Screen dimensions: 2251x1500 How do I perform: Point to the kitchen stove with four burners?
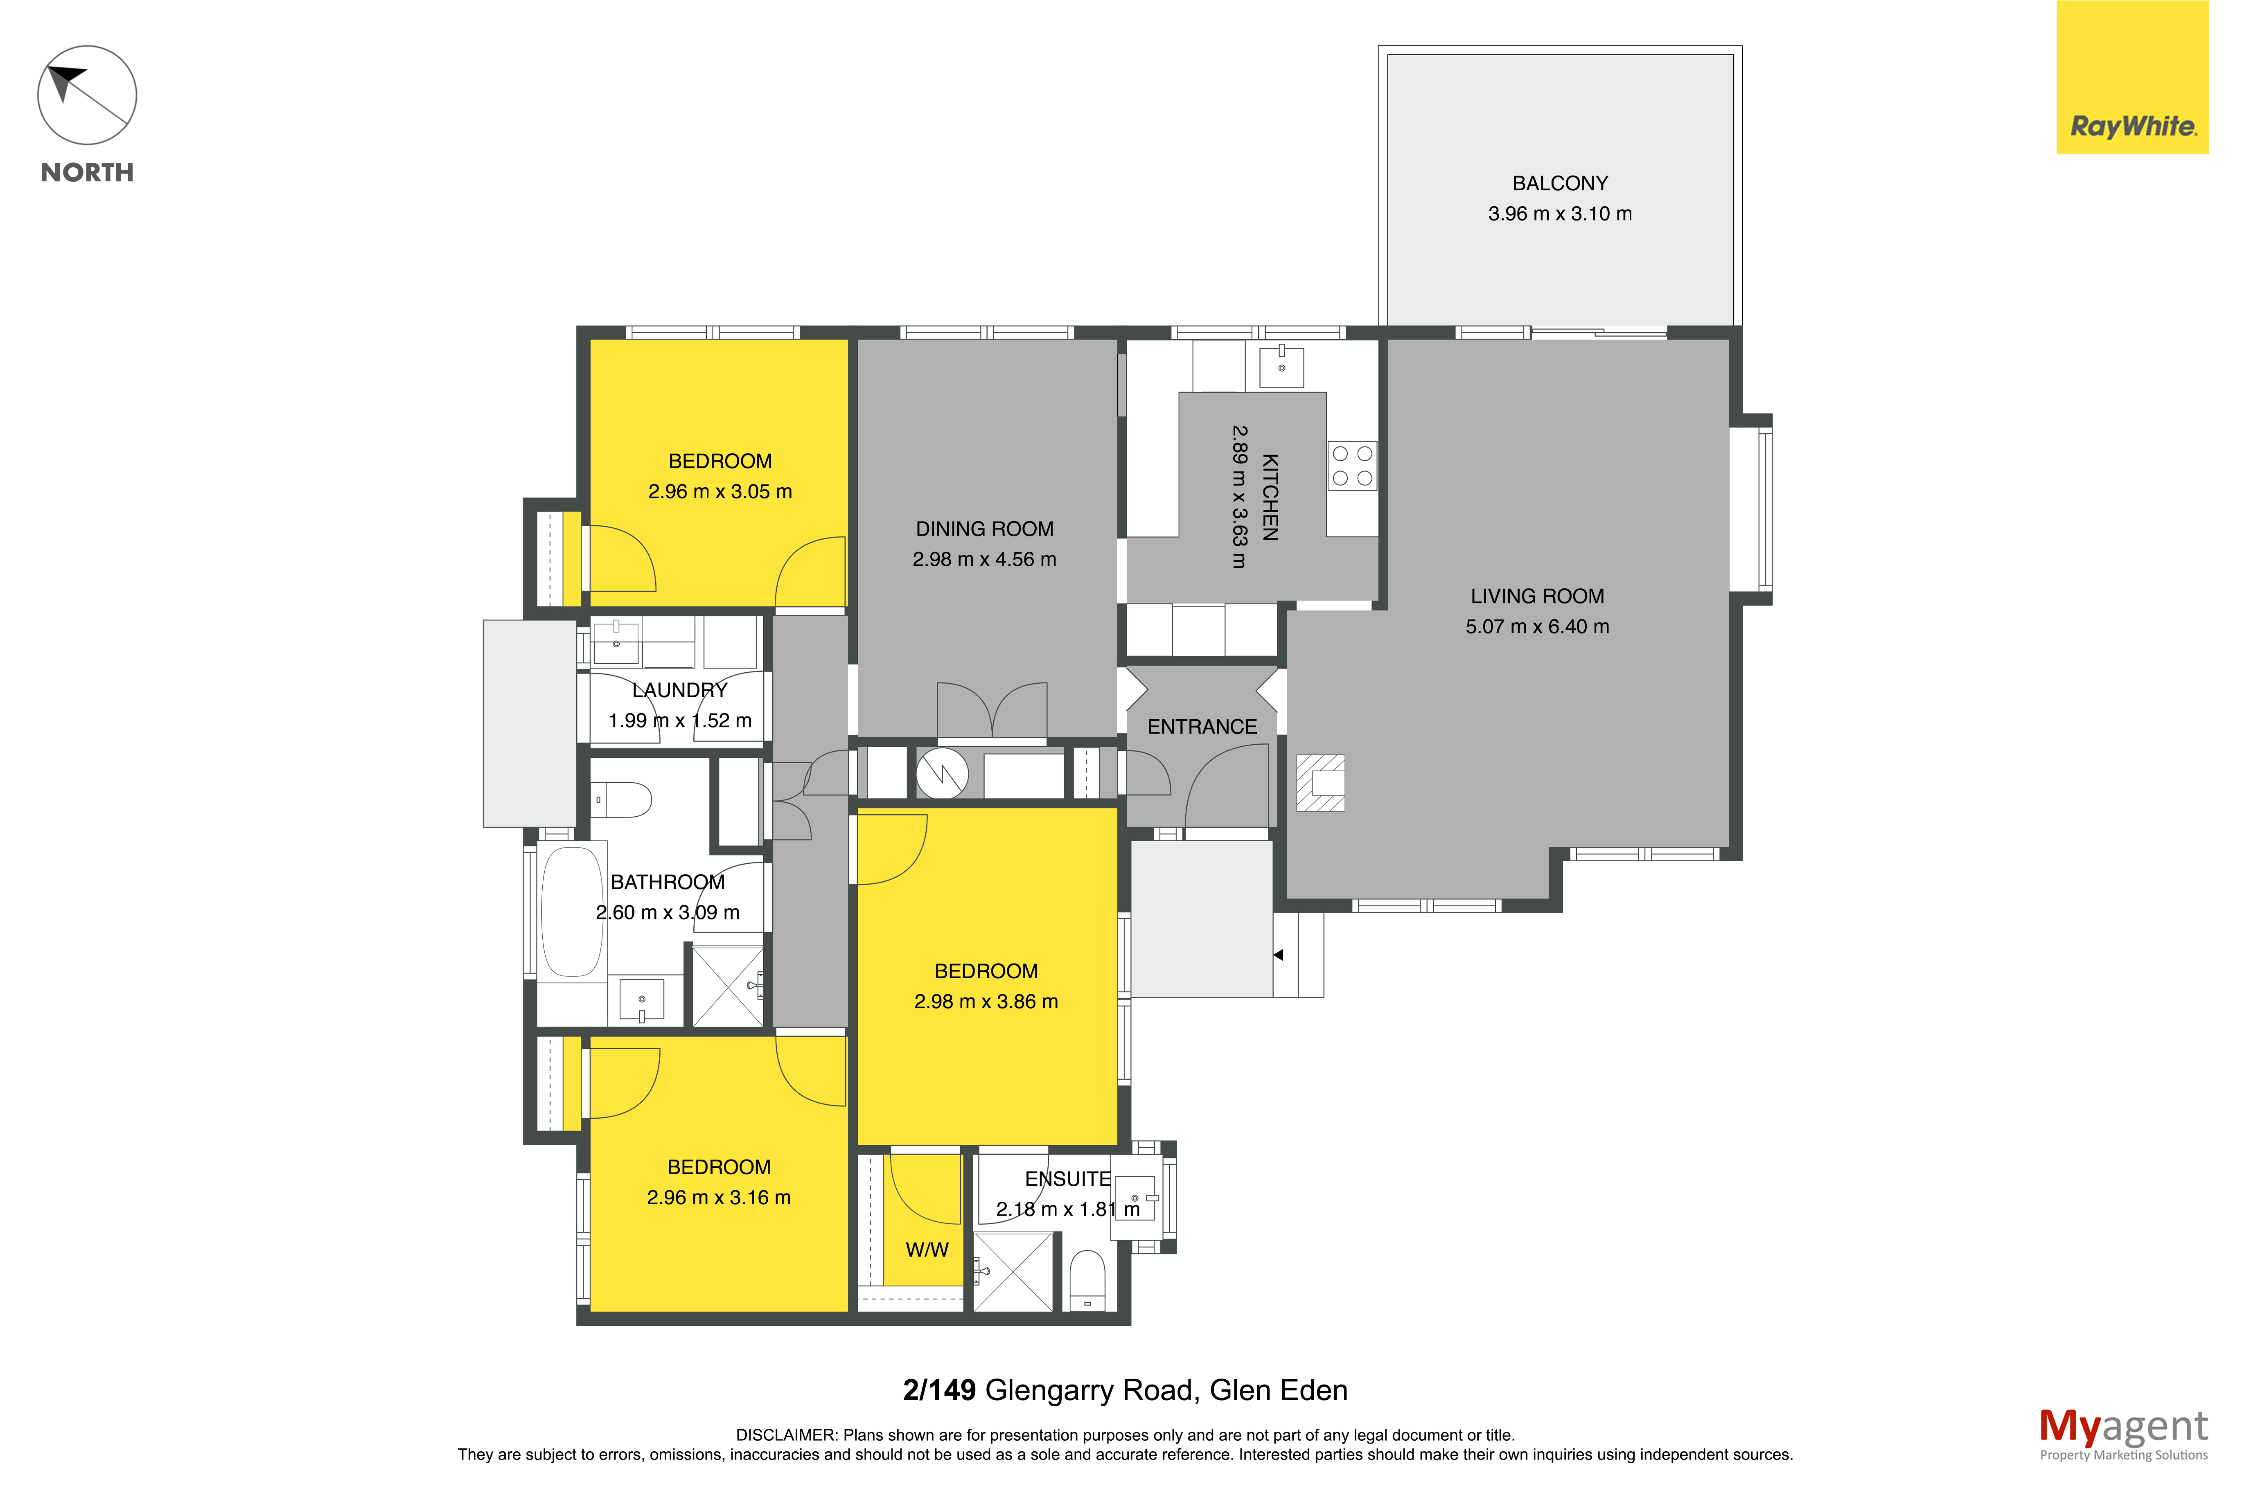point(1352,466)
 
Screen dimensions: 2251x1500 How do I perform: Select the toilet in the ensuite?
point(1087,1280)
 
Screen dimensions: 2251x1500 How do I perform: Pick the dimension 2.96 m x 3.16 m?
point(718,1198)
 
